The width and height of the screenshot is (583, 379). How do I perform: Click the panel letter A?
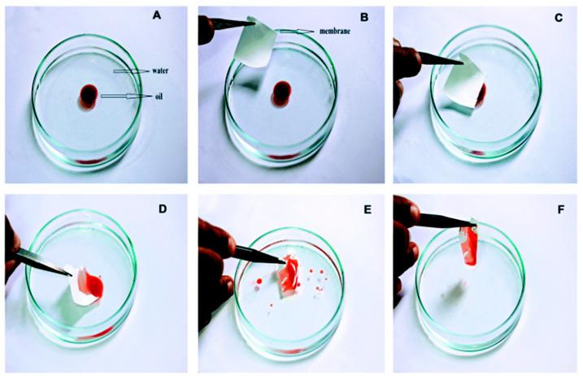[x=157, y=15]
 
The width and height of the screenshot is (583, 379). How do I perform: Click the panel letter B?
[x=365, y=17]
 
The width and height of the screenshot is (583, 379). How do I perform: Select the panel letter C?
[x=558, y=18]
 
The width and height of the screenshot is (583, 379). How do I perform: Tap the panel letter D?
[x=163, y=209]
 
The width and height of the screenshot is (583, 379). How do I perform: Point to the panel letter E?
[x=368, y=209]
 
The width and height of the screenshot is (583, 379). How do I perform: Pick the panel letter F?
[x=561, y=210]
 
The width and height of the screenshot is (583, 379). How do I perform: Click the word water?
[x=159, y=71]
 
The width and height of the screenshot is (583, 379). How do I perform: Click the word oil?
[x=159, y=97]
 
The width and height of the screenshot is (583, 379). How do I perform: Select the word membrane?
[x=335, y=31]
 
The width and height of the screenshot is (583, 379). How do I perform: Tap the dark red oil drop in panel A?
[x=89, y=96]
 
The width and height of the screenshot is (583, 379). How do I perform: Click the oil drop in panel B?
[x=281, y=93]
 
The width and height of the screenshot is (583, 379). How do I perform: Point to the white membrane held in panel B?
[x=255, y=42]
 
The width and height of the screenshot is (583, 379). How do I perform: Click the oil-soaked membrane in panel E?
[x=289, y=275]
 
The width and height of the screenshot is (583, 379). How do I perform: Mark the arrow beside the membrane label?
[x=296, y=32]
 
